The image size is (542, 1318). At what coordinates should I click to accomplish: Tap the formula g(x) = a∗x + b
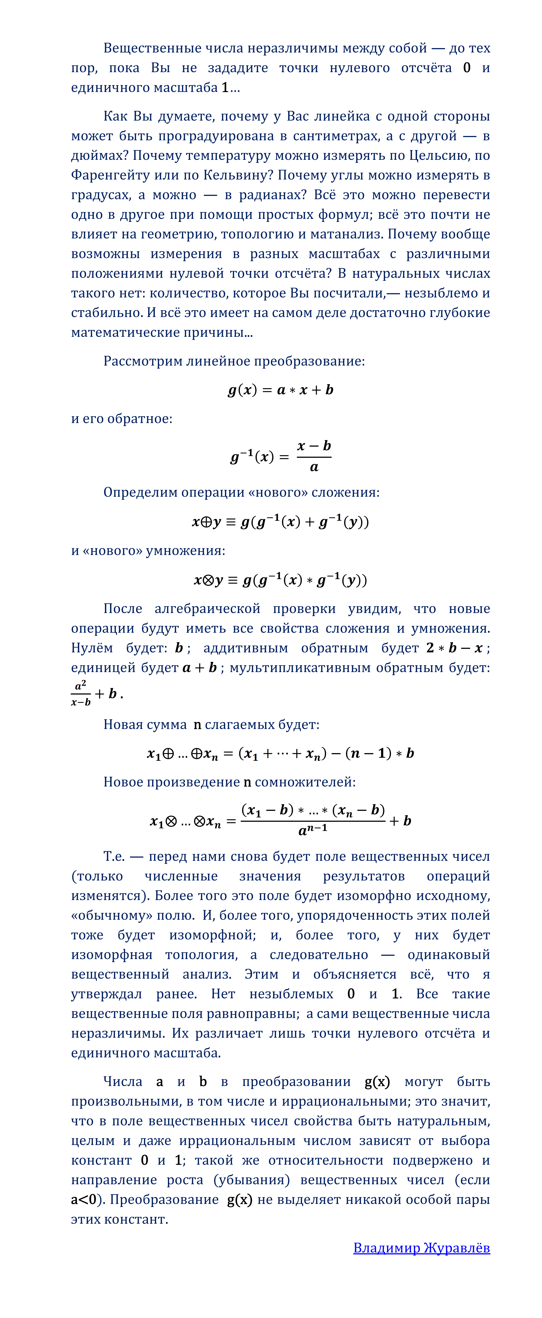(280, 390)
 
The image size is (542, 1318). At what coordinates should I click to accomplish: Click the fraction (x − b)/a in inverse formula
(314, 456)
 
